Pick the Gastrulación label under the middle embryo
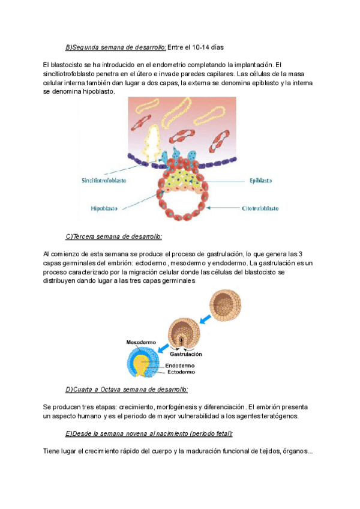pyautogui.click(x=185, y=354)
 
